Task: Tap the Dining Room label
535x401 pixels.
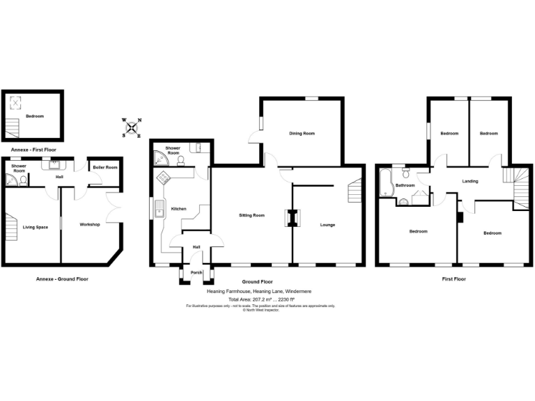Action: [302, 133]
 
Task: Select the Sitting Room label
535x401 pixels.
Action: [252, 216]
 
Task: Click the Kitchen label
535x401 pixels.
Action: [179, 208]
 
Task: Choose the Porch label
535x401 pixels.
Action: [196, 272]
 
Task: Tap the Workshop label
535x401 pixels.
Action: [89, 225]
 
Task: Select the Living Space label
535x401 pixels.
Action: [36, 227]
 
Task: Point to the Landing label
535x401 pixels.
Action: [470, 182]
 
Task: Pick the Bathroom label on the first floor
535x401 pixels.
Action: [405, 185]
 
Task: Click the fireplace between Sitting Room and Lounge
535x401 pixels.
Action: [291, 219]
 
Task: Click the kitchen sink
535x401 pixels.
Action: [160, 207]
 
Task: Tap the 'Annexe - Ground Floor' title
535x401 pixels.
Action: [62, 278]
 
